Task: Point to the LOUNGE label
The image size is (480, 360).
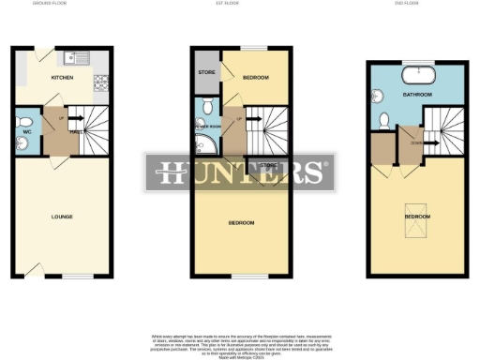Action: (62, 217)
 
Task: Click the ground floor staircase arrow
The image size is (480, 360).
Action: (78, 119)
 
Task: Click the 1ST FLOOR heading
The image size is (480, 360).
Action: (239, 5)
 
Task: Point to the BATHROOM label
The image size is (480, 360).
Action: (417, 96)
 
